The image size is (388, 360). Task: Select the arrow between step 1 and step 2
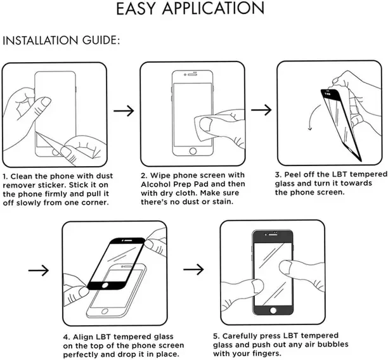pos(127,110)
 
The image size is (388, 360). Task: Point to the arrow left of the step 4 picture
pos(39,269)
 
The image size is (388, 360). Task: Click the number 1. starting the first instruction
pos(7,175)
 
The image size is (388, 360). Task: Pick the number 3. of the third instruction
pos(278,174)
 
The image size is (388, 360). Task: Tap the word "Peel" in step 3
pos(294,174)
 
